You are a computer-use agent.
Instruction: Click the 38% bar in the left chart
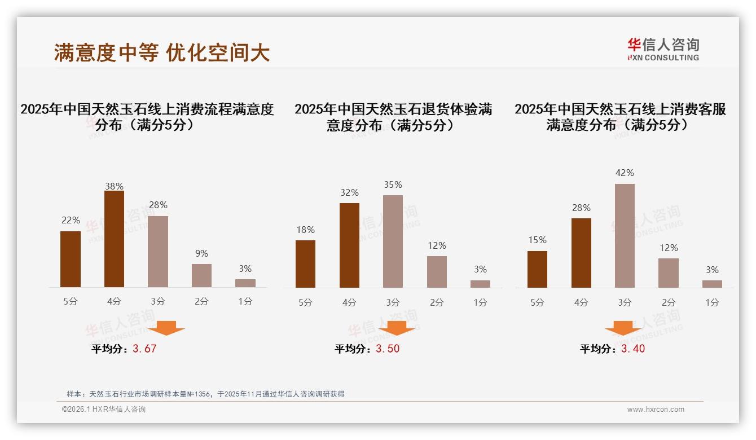(114, 239)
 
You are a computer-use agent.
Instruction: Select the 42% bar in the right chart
(625, 236)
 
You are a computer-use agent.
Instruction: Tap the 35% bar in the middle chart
(393, 241)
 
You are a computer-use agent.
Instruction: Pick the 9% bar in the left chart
(201, 275)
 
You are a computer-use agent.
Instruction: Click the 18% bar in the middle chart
(305, 264)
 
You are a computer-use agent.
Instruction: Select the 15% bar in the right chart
(537, 269)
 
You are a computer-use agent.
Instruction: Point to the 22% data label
(71, 220)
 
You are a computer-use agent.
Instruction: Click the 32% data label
(349, 192)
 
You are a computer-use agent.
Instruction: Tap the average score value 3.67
(144, 349)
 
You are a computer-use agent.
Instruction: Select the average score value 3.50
(388, 349)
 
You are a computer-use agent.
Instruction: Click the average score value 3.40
(633, 349)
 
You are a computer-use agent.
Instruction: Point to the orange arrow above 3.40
(623, 328)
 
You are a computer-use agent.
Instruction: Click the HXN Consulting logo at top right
(663, 49)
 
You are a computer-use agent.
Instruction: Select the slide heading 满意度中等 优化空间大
(162, 52)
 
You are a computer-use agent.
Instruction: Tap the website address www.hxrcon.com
(656, 410)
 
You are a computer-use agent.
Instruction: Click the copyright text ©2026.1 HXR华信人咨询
(104, 410)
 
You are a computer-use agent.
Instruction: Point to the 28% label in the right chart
(581, 208)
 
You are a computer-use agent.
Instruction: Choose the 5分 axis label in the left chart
(71, 302)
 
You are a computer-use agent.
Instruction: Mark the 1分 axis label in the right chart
(712, 302)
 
